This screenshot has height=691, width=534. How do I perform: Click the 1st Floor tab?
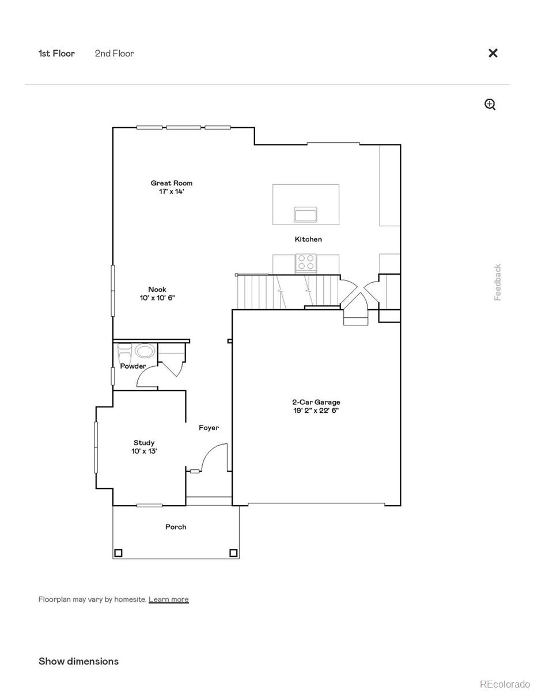pyautogui.click(x=56, y=54)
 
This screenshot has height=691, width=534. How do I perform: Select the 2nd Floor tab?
pyautogui.click(x=114, y=54)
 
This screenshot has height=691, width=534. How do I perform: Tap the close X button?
pyautogui.click(x=493, y=53)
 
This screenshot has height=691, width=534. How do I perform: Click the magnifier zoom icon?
pyautogui.click(x=490, y=104)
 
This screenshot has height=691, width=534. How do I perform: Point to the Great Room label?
pyautogui.click(x=172, y=183)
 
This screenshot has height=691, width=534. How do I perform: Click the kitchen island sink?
pyautogui.click(x=305, y=215)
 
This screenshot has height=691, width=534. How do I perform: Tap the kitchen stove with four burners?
pyautogui.click(x=306, y=263)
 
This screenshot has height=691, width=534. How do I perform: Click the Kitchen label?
pyautogui.click(x=308, y=239)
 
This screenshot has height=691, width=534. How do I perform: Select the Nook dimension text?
pyautogui.click(x=157, y=298)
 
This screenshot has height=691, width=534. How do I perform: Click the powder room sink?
pyautogui.click(x=145, y=351)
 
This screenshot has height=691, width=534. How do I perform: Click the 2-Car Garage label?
pyautogui.click(x=315, y=403)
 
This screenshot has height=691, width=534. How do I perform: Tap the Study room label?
pyautogui.click(x=144, y=443)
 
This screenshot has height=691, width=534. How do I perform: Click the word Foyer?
pyautogui.click(x=209, y=428)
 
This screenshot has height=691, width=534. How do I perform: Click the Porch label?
pyautogui.click(x=176, y=527)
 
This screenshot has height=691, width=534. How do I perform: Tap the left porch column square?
pyautogui.click(x=118, y=553)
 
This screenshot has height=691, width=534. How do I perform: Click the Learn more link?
pyautogui.click(x=168, y=599)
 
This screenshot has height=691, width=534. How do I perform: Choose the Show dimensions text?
pyautogui.click(x=78, y=661)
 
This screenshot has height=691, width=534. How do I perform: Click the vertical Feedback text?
pyautogui.click(x=498, y=282)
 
